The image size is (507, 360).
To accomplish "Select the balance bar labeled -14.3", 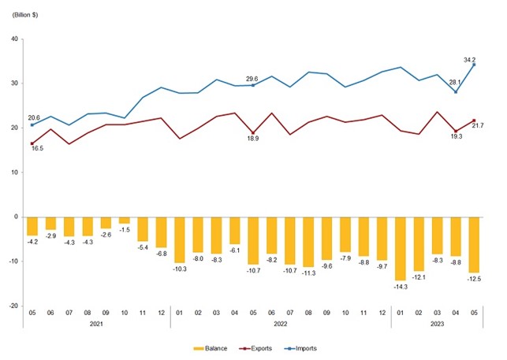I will pyautogui.click(x=400, y=248).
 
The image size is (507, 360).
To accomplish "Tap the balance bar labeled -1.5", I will pyautogui.click(x=125, y=220).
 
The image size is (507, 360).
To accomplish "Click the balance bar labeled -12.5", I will pyautogui.click(x=474, y=244).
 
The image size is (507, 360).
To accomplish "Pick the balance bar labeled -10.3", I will pyautogui.click(x=180, y=239).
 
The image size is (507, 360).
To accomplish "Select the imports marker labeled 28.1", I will pyautogui.click(x=456, y=91).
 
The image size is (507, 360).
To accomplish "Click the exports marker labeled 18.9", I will pyautogui.click(x=252, y=132).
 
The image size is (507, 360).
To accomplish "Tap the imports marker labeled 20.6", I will pyautogui.click(x=32, y=125).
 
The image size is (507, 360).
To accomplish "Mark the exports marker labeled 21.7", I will pyautogui.click(x=474, y=121).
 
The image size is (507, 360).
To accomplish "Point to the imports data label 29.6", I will pyautogui.click(x=252, y=78).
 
